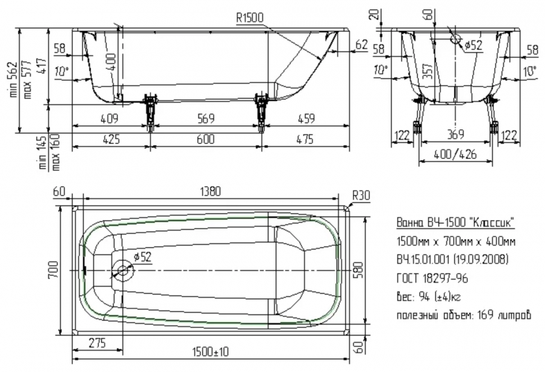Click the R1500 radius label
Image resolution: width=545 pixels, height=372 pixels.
pyautogui.click(x=250, y=18)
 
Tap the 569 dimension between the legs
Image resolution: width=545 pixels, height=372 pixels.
pyautogui.click(x=206, y=119)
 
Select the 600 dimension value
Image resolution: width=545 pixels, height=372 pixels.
pyautogui.click(x=206, y=139)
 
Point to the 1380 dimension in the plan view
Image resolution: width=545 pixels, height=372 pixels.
pyautogui.click(x=210, y=191)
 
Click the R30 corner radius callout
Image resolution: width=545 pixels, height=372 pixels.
pyautogui.click(x=361, y=195)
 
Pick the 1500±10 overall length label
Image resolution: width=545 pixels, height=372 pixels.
pyautogui.click(x=211, y=352)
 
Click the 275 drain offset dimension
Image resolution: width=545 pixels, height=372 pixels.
pyautogui.click(x=97, y=343)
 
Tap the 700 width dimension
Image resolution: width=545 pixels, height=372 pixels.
pyautogui.click(x=53, y=270)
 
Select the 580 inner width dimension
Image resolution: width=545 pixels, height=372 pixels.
pyautogui.click(x=359, y=270)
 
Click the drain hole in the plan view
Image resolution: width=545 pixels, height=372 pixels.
pyautogui.click(x=122, y=270)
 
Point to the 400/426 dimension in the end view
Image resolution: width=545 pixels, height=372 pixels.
pyautogui.click(x=455, y=154)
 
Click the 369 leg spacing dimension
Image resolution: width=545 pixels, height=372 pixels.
pyautogui.click(x=455, y=134)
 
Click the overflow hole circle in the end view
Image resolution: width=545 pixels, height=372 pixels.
pyautogui.click(x=455, y=39)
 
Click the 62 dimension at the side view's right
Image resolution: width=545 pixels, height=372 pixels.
pyautogui.click(x=362, y=44)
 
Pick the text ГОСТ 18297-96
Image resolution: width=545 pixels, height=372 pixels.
pyautogui.click(x=432, y=278)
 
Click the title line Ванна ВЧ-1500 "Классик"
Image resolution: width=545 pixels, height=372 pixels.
pyautogui.click(x=455, y=222)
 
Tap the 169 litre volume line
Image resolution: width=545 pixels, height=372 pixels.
pyautogui.click(x=464, y=315)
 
